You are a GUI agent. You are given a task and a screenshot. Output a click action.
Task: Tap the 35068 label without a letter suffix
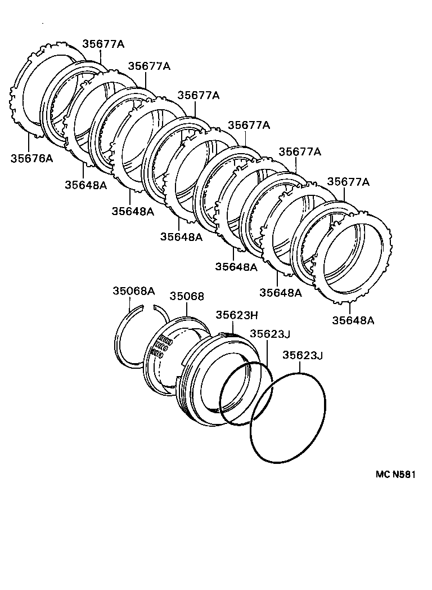pyautogui.click(x=187, y=296)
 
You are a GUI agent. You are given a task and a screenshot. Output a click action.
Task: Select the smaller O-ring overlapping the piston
pyautogui.click(x=246, y=394)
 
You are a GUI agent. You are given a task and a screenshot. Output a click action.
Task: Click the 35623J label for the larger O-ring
pyautogui.click(x=303, y=355)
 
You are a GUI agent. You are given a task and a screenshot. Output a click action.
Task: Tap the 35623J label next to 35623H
pyautogui.click(x=269, y=334)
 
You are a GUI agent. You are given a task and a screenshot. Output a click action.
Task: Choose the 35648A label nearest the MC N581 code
pyautogui.click(x=353, y=320)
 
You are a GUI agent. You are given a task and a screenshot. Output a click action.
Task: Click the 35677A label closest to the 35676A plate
pyautogui.click(x=103, y=44)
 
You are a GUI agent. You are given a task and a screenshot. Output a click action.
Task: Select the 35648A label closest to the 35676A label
pyautogui.click(x=85, y=184)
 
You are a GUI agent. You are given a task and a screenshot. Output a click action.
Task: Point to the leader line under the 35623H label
pyautogui.click(x=231, y=328)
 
